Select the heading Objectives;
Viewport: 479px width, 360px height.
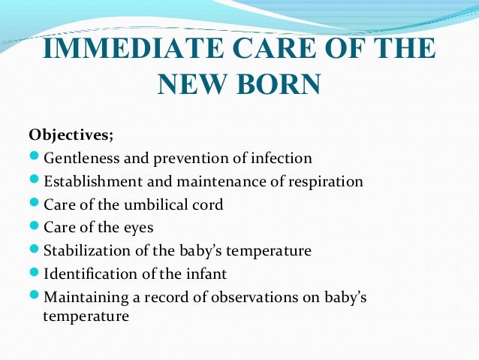(71, 135)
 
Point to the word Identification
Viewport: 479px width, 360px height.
(89, 273)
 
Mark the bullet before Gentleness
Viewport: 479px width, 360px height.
(35, 159)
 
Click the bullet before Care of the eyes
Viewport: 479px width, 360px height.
(35, 226)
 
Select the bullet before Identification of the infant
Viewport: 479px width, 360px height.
(35, 272)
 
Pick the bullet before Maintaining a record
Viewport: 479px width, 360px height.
(35, 296)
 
